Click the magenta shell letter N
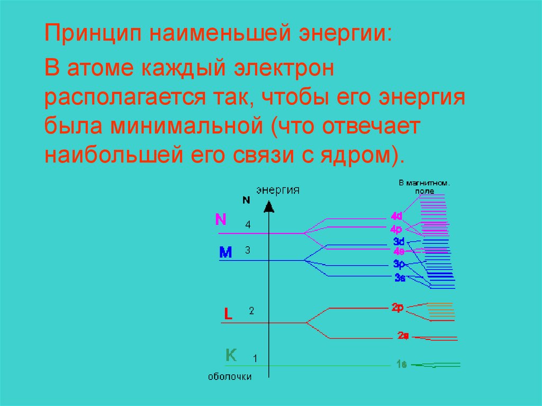(221, 220)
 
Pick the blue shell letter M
(225, 253)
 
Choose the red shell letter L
(228, 314)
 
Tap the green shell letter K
(231, 355)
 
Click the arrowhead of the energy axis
(269, 206)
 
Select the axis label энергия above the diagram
(277, 190)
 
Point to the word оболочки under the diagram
(230, 377)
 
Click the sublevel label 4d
(397, 216)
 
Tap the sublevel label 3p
(399, 264)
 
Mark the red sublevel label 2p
(398, 307)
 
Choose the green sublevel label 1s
(401, 364)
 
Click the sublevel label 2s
(403, 335)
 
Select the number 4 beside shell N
(248, 224)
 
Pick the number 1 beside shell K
(255, 358)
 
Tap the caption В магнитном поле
(424, 186)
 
